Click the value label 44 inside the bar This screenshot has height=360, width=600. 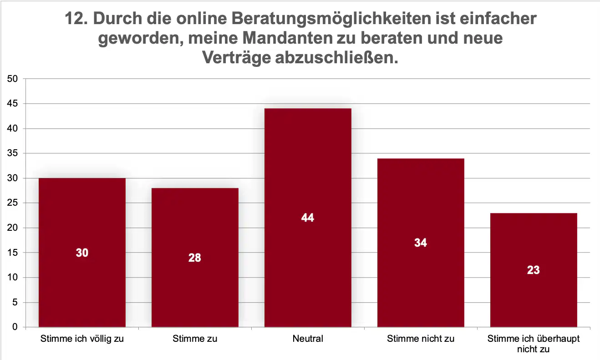(x=308, y=218)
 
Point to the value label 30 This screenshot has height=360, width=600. (x=82, y=253)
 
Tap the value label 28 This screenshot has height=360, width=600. (x=195, y=258)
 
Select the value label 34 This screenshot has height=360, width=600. (x=421, y=243)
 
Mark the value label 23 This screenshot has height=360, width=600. (x=534, y=270)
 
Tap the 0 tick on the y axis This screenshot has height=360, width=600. (x=15, y=327)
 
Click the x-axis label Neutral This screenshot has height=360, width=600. (x=308, y=339)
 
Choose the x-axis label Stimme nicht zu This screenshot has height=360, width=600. (x=421, y=339)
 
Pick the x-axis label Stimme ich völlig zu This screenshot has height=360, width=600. (x=82, y=339)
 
